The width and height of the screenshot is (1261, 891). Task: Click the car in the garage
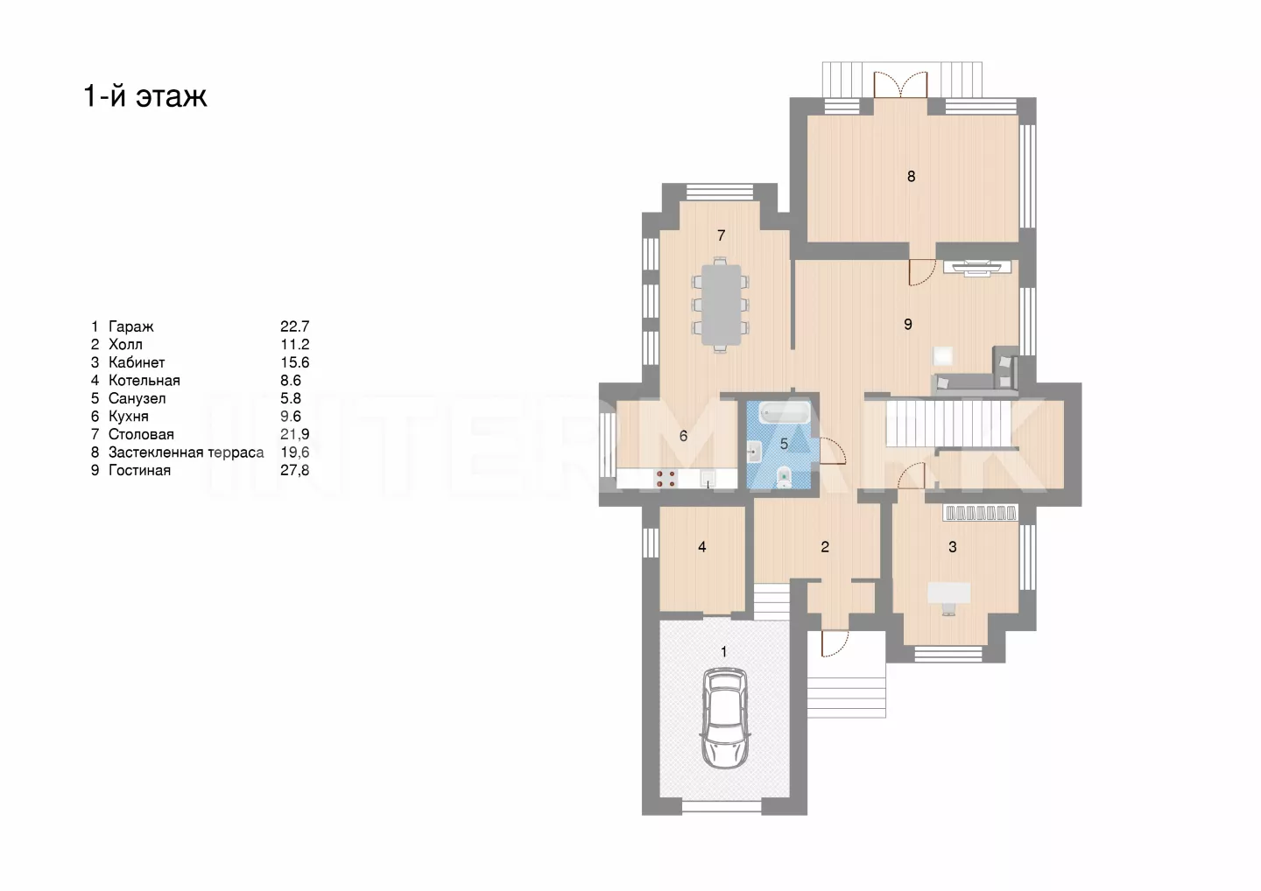725,718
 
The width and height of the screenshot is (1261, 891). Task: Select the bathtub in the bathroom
785,412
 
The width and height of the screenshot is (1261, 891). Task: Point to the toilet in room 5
784,477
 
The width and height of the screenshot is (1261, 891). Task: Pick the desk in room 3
948,593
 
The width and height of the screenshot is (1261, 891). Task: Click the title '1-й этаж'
145,95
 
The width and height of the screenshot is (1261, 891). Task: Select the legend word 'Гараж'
130,326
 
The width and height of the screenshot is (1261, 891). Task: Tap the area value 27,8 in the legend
295,470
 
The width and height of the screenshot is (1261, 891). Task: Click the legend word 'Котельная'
144,380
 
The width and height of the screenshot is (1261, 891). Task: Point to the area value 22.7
295,326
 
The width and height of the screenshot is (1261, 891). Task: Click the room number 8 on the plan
911,177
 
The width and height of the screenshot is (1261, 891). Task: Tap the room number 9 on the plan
907,324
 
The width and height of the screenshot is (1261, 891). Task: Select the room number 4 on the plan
701,547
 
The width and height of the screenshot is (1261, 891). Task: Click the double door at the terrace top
900,85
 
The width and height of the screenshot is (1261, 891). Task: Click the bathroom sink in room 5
754,452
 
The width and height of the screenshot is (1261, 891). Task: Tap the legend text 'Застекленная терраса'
186,453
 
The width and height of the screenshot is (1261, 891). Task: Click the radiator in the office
981,512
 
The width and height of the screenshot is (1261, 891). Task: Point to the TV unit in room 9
977,267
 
